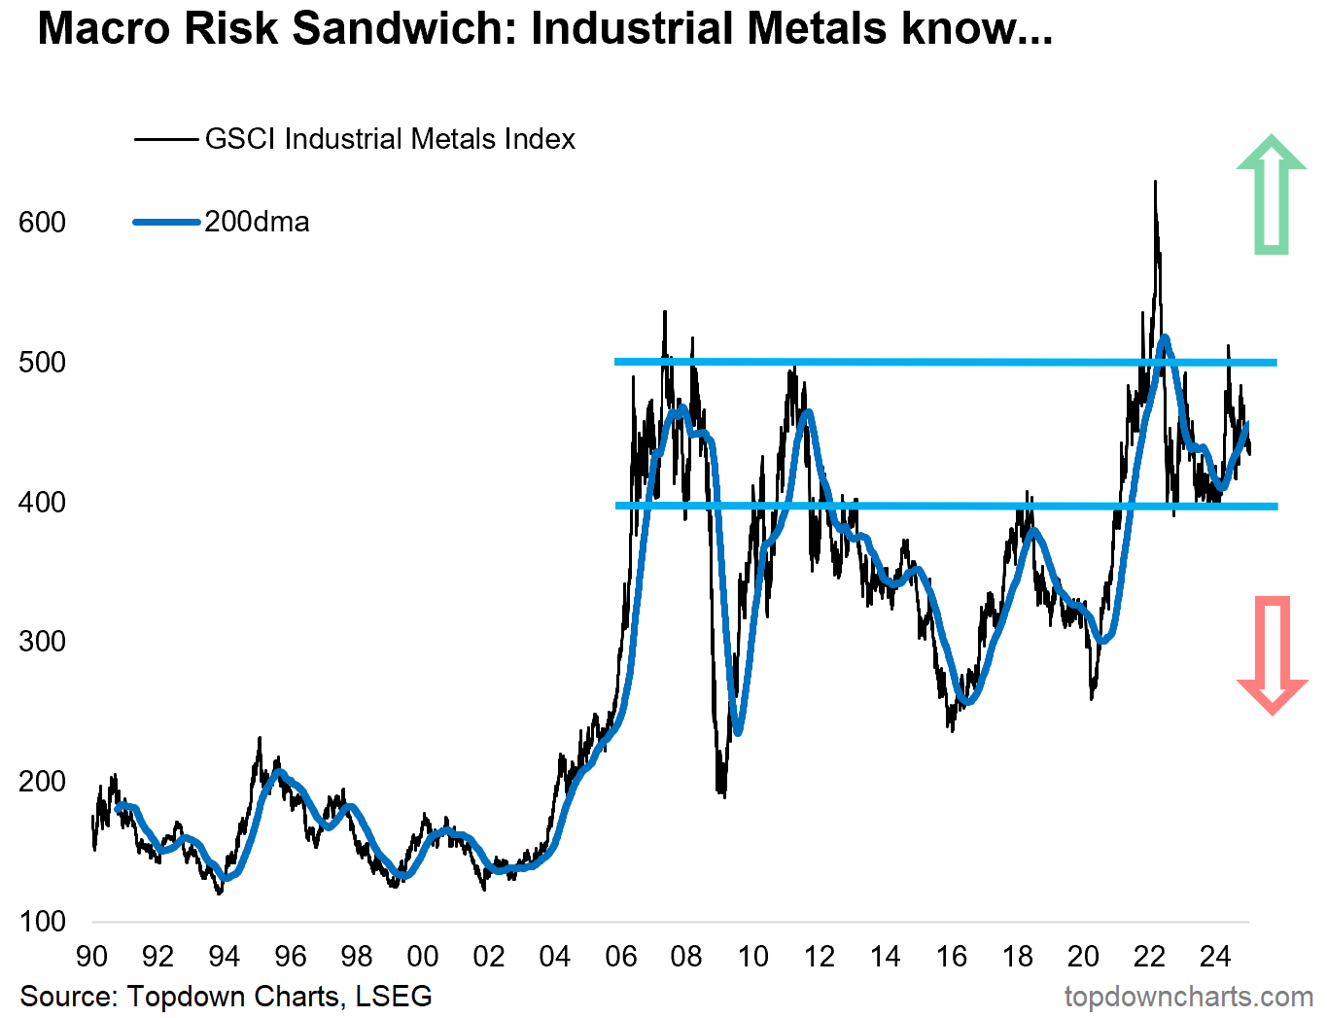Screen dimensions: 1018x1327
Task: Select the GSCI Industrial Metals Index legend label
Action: coord(390,139)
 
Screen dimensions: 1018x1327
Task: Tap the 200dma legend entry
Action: coord(257,222)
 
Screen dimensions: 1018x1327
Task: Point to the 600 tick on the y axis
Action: coord(42,223)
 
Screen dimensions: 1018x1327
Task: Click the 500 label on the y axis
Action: coord(42,363)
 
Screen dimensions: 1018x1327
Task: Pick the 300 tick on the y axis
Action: coord(42,642)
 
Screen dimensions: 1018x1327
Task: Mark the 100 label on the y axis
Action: coord(42,922)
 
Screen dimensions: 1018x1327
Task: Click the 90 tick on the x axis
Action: coord(91,957)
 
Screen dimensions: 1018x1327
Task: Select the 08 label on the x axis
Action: coord(686,957)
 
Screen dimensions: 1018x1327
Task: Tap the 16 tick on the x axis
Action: coord(951,957)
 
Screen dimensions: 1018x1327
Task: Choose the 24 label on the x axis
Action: coord(1215,957)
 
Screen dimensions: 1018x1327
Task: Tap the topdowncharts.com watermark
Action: coord(1188,997)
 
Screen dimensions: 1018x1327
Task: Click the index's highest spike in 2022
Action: coord(1155,183)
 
